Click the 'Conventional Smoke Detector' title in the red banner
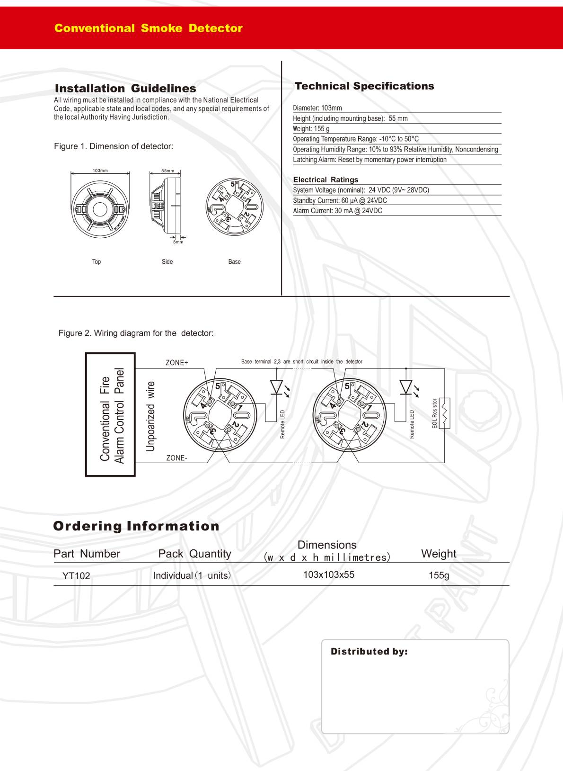coord(148,28)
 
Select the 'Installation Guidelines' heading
coord(125,89)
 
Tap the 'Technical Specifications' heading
coord(364,86)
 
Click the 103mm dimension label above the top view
coord(100,170)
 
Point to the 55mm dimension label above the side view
coord(167,171)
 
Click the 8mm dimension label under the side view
coord(178,242)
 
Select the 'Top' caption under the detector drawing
coord(97,261)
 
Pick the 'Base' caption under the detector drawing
coord(234,261)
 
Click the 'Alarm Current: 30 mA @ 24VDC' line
coord(337,211)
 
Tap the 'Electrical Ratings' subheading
coord(325,179)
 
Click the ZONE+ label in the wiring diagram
coord(176,363)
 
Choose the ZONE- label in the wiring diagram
coord(176,458)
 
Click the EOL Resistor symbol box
coord(445,413)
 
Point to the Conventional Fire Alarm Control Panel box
coord(111,414)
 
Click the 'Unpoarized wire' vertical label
coord(150,416)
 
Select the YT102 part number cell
coord(76,576)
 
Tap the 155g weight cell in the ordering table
coord(439,575)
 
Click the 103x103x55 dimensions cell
coord(328,575)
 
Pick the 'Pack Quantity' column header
coord(194,554)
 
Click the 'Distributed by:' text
coord(369,652)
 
